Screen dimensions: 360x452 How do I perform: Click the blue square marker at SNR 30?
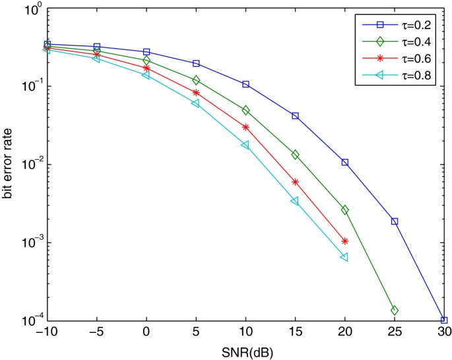coord(444,320)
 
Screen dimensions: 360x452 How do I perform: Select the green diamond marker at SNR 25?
coord(395,310)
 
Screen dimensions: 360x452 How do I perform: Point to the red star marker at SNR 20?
coord(345,241)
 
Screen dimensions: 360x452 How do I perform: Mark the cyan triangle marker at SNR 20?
coord(344,257)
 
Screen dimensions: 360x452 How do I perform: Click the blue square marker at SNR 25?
coord(395,221)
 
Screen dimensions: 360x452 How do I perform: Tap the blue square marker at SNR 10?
coord(245,85)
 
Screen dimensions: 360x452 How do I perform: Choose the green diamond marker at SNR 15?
coord(295,155)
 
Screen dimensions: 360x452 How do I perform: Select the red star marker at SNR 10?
coord(245,127)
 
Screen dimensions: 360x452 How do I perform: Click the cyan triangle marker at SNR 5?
coord(195,104)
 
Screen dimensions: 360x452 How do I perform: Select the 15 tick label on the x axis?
coord(295,334)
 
